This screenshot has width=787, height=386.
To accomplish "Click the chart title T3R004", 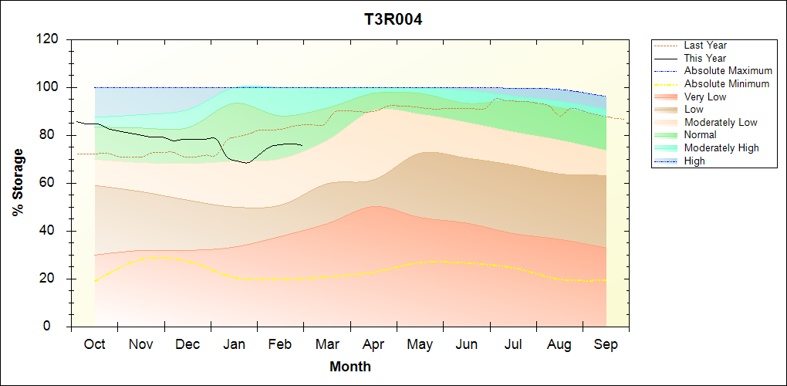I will coord(393,19).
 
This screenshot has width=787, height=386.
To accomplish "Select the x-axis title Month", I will coord(350,367).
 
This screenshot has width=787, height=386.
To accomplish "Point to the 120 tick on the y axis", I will coord(51,39).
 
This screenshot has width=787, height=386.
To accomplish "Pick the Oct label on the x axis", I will coord(94,344).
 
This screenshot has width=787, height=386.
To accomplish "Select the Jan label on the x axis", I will coord(234,344).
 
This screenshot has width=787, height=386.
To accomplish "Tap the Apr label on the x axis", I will coord(373,344).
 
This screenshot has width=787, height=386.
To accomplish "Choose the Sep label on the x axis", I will coord(606,344).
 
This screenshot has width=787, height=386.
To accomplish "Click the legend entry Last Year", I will coord(705,46).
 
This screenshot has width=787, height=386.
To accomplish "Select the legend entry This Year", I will coord(705,58).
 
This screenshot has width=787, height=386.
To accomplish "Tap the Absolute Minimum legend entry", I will coord(727,83).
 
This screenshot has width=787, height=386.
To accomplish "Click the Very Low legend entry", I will coord(705,96).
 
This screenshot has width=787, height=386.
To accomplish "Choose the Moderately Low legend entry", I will coord(721,122).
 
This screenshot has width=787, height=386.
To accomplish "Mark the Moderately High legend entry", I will coord(721,147).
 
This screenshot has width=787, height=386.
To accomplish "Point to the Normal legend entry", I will coord(700,135).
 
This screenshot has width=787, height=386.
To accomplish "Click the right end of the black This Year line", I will coord(302,145).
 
